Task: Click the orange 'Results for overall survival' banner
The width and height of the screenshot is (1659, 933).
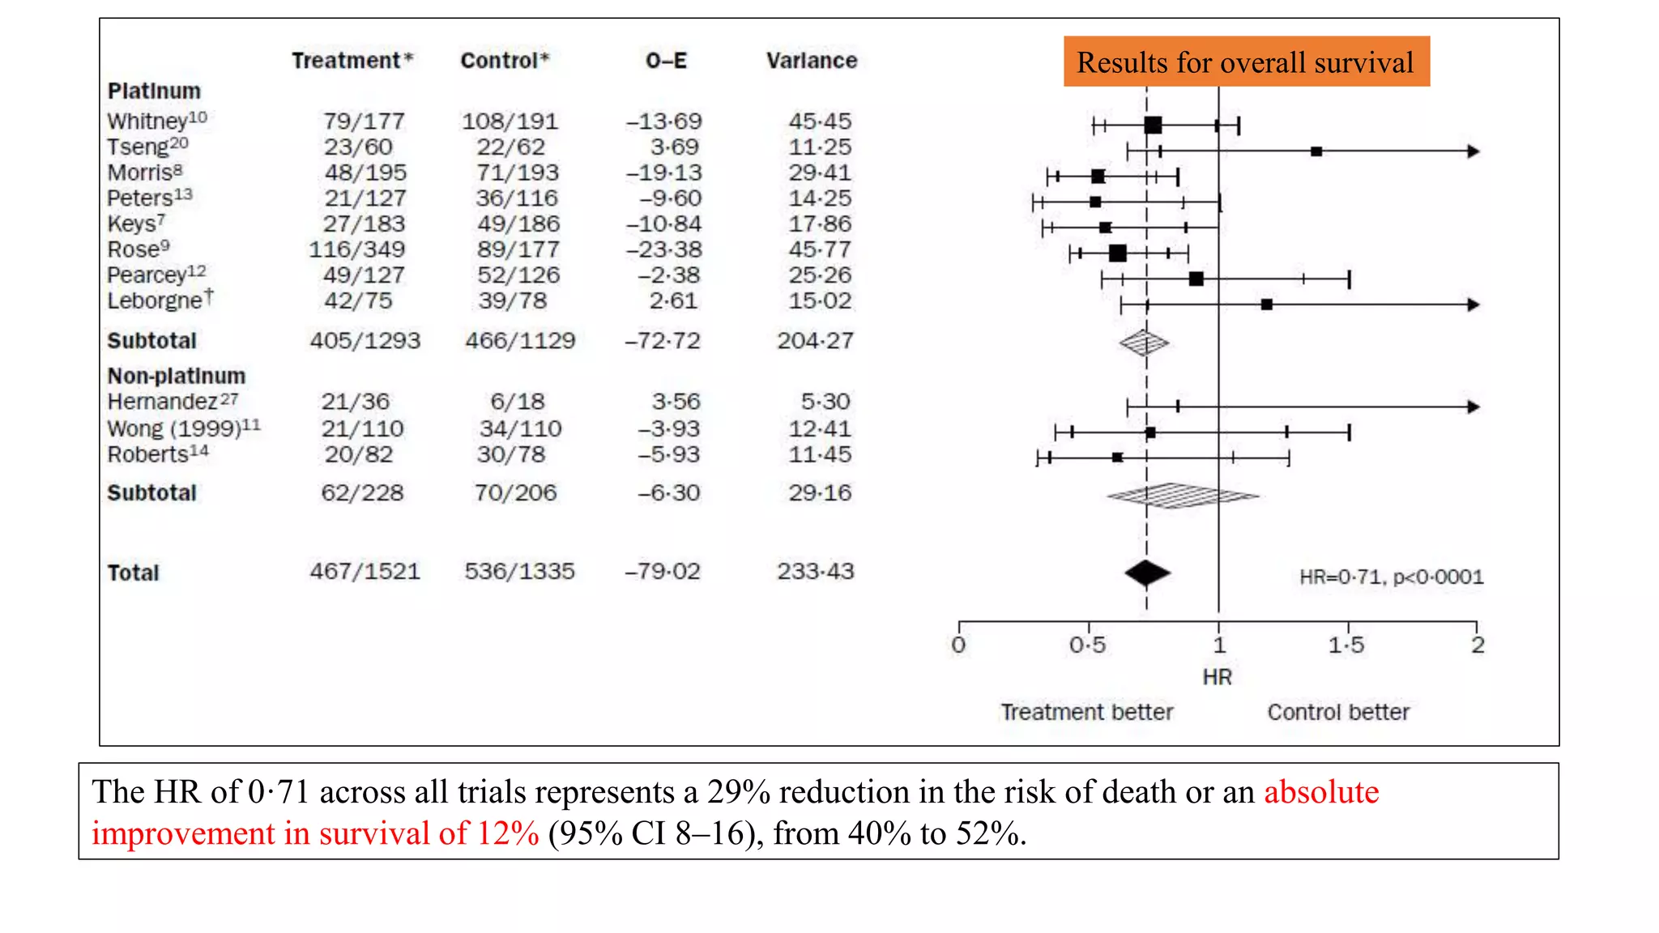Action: (x=1246, y=62)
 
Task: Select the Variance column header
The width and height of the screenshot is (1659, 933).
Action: (x=811, y=61)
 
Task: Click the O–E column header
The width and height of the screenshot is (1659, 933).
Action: (x=666, y=61)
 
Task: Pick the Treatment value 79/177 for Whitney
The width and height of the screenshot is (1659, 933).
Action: (x=364, y=121)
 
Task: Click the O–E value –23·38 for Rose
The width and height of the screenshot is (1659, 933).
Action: (x=663, y=249)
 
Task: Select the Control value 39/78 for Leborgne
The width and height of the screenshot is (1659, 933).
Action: (x=512, y=300)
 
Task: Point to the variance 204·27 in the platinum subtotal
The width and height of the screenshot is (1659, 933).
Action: (x=815, y=341)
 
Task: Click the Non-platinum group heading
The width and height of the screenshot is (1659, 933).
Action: (x=176, y=376)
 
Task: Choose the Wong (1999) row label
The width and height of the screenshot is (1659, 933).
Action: (x=183, y=428)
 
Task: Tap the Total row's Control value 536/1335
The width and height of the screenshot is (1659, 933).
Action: (x=519, y=572)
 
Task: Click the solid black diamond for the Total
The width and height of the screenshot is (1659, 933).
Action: (x=1147, y=573)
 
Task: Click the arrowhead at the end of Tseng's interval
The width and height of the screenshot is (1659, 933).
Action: (x=1473, y=151)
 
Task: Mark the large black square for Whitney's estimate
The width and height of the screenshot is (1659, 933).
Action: (x=1153, y=125)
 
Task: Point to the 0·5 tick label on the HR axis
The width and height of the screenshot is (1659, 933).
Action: (x=1087, y=645)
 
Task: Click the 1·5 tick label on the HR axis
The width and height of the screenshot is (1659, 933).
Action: (x=1346, y=645)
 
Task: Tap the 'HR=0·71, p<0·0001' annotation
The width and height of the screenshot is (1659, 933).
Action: (x=1391, y=577)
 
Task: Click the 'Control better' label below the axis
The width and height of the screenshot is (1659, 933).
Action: (x=1338, y=712)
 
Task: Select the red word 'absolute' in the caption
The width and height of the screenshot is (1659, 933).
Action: (x=1321, y=792)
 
